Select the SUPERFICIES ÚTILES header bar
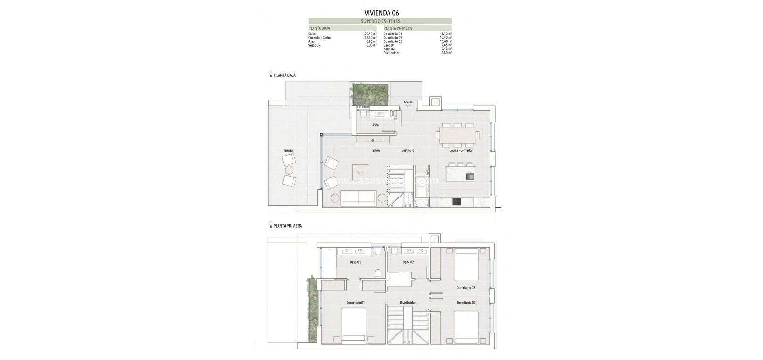click(x=380, y=21)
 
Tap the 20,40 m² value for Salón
click(x=370, y=34)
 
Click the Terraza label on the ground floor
click(x=287, y=151)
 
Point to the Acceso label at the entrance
click(x=408, y=102)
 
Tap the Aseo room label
click(x=375, y=125)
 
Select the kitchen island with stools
click(x=460, y=175)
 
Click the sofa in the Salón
click(x=358, y=198)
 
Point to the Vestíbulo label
click(x=408, y=150)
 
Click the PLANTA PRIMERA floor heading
click(x=287, y=226)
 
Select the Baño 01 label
click(x=355, y=262)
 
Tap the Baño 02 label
click(x=408, y=262)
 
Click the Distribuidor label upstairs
click(x=407, y=302)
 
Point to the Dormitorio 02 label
click(x=466, y=302)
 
